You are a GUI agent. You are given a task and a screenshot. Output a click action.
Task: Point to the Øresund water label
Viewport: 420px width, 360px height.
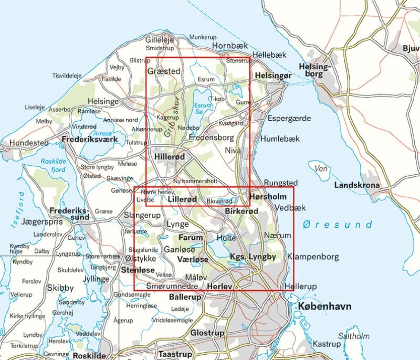tap(337, 225)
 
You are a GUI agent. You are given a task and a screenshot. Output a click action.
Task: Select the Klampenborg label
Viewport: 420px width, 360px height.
tap(313, 257)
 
